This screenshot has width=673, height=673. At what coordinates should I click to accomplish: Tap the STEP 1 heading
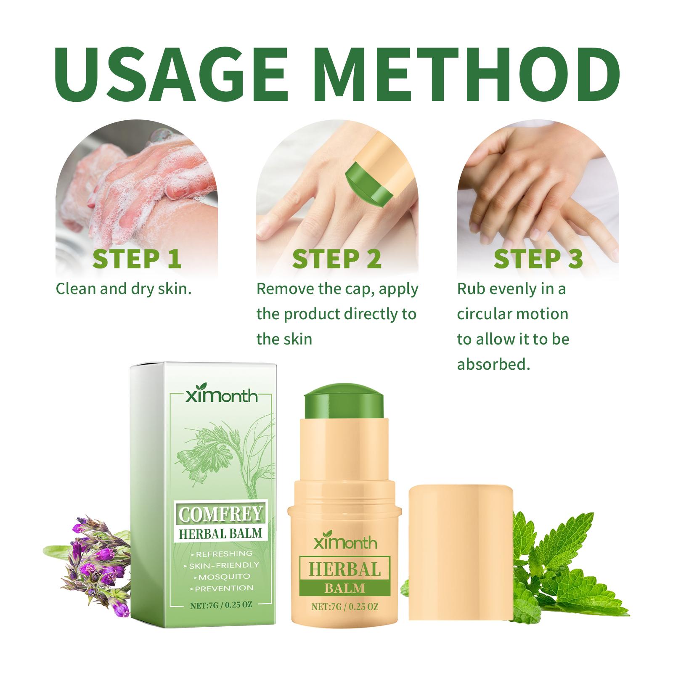pyautogui.click(x=137, y=259)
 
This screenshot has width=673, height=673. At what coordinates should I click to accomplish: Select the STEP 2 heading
pyautogui.click(x=337, y=259)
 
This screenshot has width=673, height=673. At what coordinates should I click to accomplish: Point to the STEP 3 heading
pyautogui.click(x=538, y=259)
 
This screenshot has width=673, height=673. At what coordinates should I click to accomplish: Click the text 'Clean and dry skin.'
pyautogui.click(x=124, y=289)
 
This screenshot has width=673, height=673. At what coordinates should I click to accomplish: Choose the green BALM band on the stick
pyautogui.click(x=344, y=588)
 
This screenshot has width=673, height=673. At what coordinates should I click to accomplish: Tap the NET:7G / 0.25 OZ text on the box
pyautogui.click(x=220, y=606)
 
